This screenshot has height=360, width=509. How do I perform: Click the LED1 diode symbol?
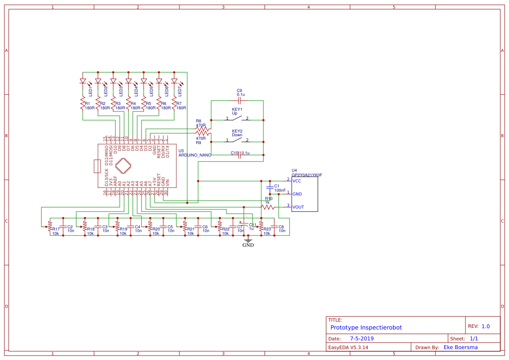pos(83,81)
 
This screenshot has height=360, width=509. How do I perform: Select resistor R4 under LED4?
pos(128,104)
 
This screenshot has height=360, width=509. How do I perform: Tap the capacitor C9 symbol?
pos(239,101)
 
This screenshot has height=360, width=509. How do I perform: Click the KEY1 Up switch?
pos(237,118)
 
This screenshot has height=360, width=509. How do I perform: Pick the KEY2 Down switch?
pos(237,140)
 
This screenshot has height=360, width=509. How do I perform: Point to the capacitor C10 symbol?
pos(239,155)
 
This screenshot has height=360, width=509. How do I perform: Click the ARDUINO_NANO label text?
pos(195,155)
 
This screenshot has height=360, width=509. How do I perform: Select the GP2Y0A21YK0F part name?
pos(307,175)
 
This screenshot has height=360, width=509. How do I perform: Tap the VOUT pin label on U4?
pos(298,207)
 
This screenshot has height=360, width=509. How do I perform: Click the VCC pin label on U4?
pos(297,181)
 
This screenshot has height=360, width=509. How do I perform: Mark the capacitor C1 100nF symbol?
pos(270,187)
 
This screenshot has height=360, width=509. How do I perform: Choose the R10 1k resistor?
pos(268,207)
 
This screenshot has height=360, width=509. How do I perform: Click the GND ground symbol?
pos(248,241)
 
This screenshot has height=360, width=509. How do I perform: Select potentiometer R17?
pos(50,227)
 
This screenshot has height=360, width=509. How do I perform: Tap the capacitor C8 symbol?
pos(274,226)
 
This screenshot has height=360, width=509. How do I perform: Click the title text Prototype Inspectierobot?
pos(366,327)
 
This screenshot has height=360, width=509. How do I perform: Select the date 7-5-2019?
pos(362,338)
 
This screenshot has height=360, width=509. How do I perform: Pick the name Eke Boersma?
pos(461,347)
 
